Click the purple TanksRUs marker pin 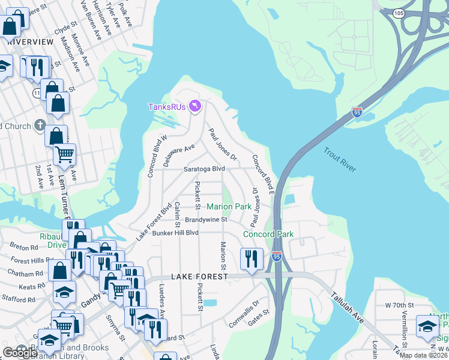(x=194, y=107)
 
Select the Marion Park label (x=229, y=206)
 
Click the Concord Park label (x=267, y=234)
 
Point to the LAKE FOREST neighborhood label (x=199, y=277)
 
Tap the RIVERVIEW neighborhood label (x=30, y=42)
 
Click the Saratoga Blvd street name (x=204, y=169)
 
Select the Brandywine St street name (x=206, y=220)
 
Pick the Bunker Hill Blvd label (x=175, y=233)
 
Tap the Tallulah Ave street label (x=348, y=308)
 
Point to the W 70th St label (x=399, y=305)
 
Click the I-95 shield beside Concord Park (x=276, y=256)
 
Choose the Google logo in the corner (x=20, y=353)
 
